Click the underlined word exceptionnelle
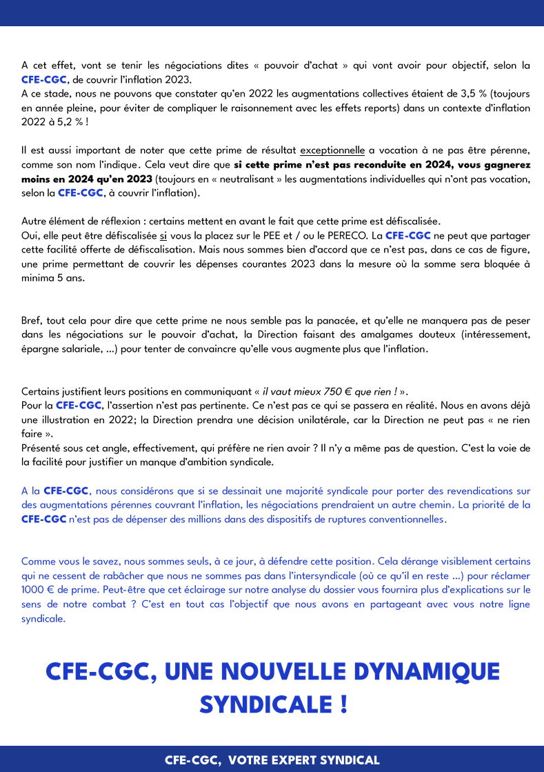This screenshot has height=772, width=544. pyautogui.click(x=332, y=150)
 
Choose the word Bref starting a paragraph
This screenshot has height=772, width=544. pyautogui.click(x=32, y=321)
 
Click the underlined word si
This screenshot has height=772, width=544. pyautogui.click(x=163, y=235)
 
